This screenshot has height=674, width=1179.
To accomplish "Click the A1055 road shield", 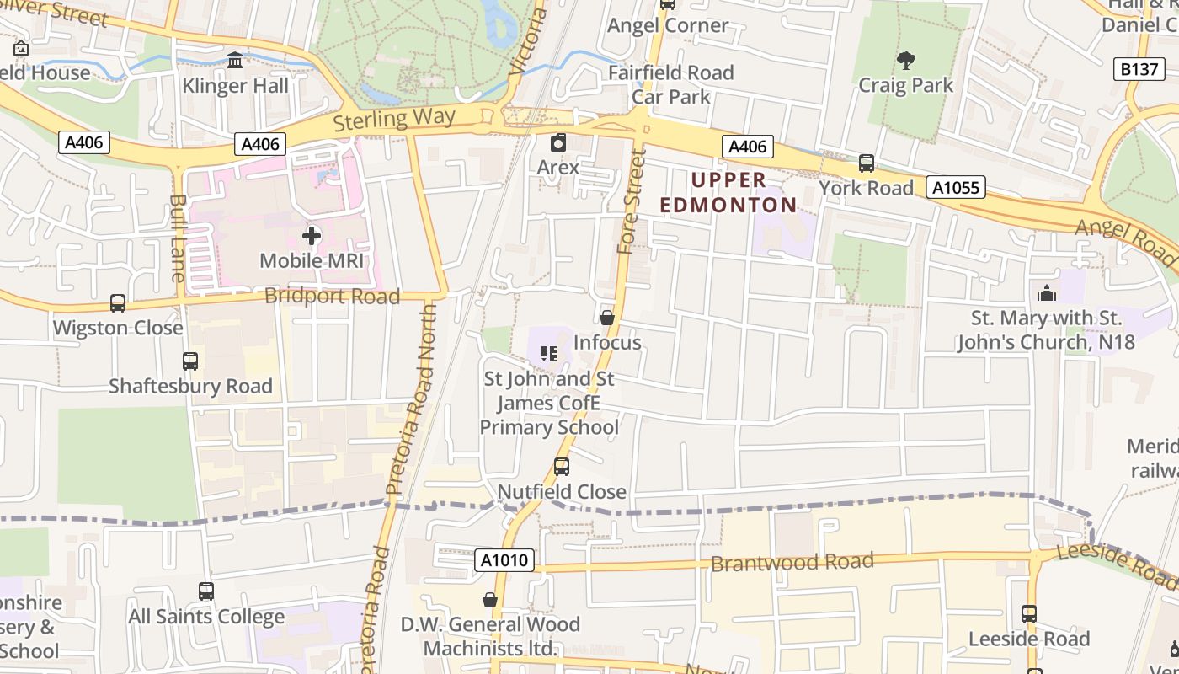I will point(956,187).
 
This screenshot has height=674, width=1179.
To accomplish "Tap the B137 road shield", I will point(1139,69).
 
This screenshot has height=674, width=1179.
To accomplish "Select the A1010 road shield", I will point(504,560).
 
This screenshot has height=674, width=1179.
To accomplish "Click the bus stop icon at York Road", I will point(866,163).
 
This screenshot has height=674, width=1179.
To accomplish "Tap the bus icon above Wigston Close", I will point(118,303).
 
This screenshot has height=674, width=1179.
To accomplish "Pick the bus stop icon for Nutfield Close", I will point(561,467).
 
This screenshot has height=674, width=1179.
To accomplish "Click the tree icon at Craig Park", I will point(906,61).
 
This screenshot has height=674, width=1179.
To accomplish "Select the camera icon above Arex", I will point(557,143).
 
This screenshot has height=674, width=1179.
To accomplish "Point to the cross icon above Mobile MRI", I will point(311,236).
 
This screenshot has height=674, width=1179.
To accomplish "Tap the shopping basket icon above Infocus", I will point(606,318).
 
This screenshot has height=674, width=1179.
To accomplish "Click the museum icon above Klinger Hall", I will point(235,61).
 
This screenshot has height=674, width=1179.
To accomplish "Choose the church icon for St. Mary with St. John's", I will point(1047,293).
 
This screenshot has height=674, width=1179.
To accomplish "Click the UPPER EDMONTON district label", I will point(728,192).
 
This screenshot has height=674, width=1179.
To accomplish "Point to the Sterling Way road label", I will point(394,119).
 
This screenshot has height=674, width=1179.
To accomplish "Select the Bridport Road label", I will point(332,297).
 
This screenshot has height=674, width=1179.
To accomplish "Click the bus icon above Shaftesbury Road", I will point(190,361).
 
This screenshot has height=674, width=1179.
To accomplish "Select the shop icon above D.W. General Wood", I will point(489,600).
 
